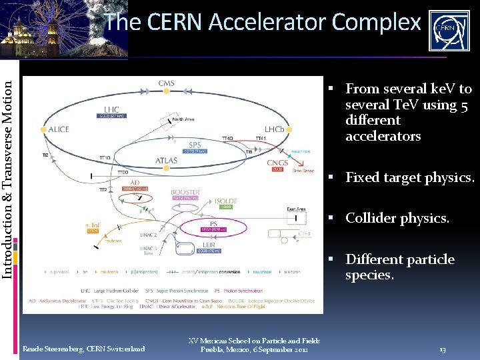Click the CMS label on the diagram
pyautogui.click(x=167, y=83)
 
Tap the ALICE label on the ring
pyautogui.click(x=59, y=129)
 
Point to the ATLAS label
pyautogui.click(x=167, y=161)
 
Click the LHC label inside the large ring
pyautogui.click(x=112, y=109)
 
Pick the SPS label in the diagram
pyautogui.click(x=195, y=145)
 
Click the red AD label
pyautogui.click(x=135, y=182)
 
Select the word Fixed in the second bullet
pyautogui.click(x=361, y=178)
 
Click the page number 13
pyautogui.click(x=443, y=349)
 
